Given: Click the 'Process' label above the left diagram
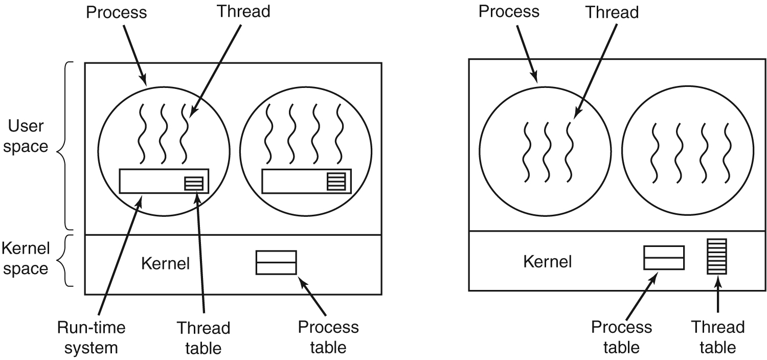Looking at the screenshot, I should (116, 12).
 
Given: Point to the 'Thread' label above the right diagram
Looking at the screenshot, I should (612, 12).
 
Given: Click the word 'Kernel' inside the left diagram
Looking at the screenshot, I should (165, 264).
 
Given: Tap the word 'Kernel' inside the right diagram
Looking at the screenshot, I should (547, 262).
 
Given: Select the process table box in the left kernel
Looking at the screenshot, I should (276, 262).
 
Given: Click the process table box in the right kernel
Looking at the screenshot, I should (664, 257).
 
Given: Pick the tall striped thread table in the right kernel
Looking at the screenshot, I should (717, 256).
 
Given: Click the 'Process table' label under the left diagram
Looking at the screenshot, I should (328, 337).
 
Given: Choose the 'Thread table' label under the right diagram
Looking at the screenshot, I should (718, 337).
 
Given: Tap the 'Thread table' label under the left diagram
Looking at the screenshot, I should (203, 337).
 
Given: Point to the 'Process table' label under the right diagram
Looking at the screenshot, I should (621, 337).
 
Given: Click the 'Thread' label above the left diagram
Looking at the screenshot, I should (243, 12).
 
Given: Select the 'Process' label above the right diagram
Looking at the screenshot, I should (509, 12).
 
